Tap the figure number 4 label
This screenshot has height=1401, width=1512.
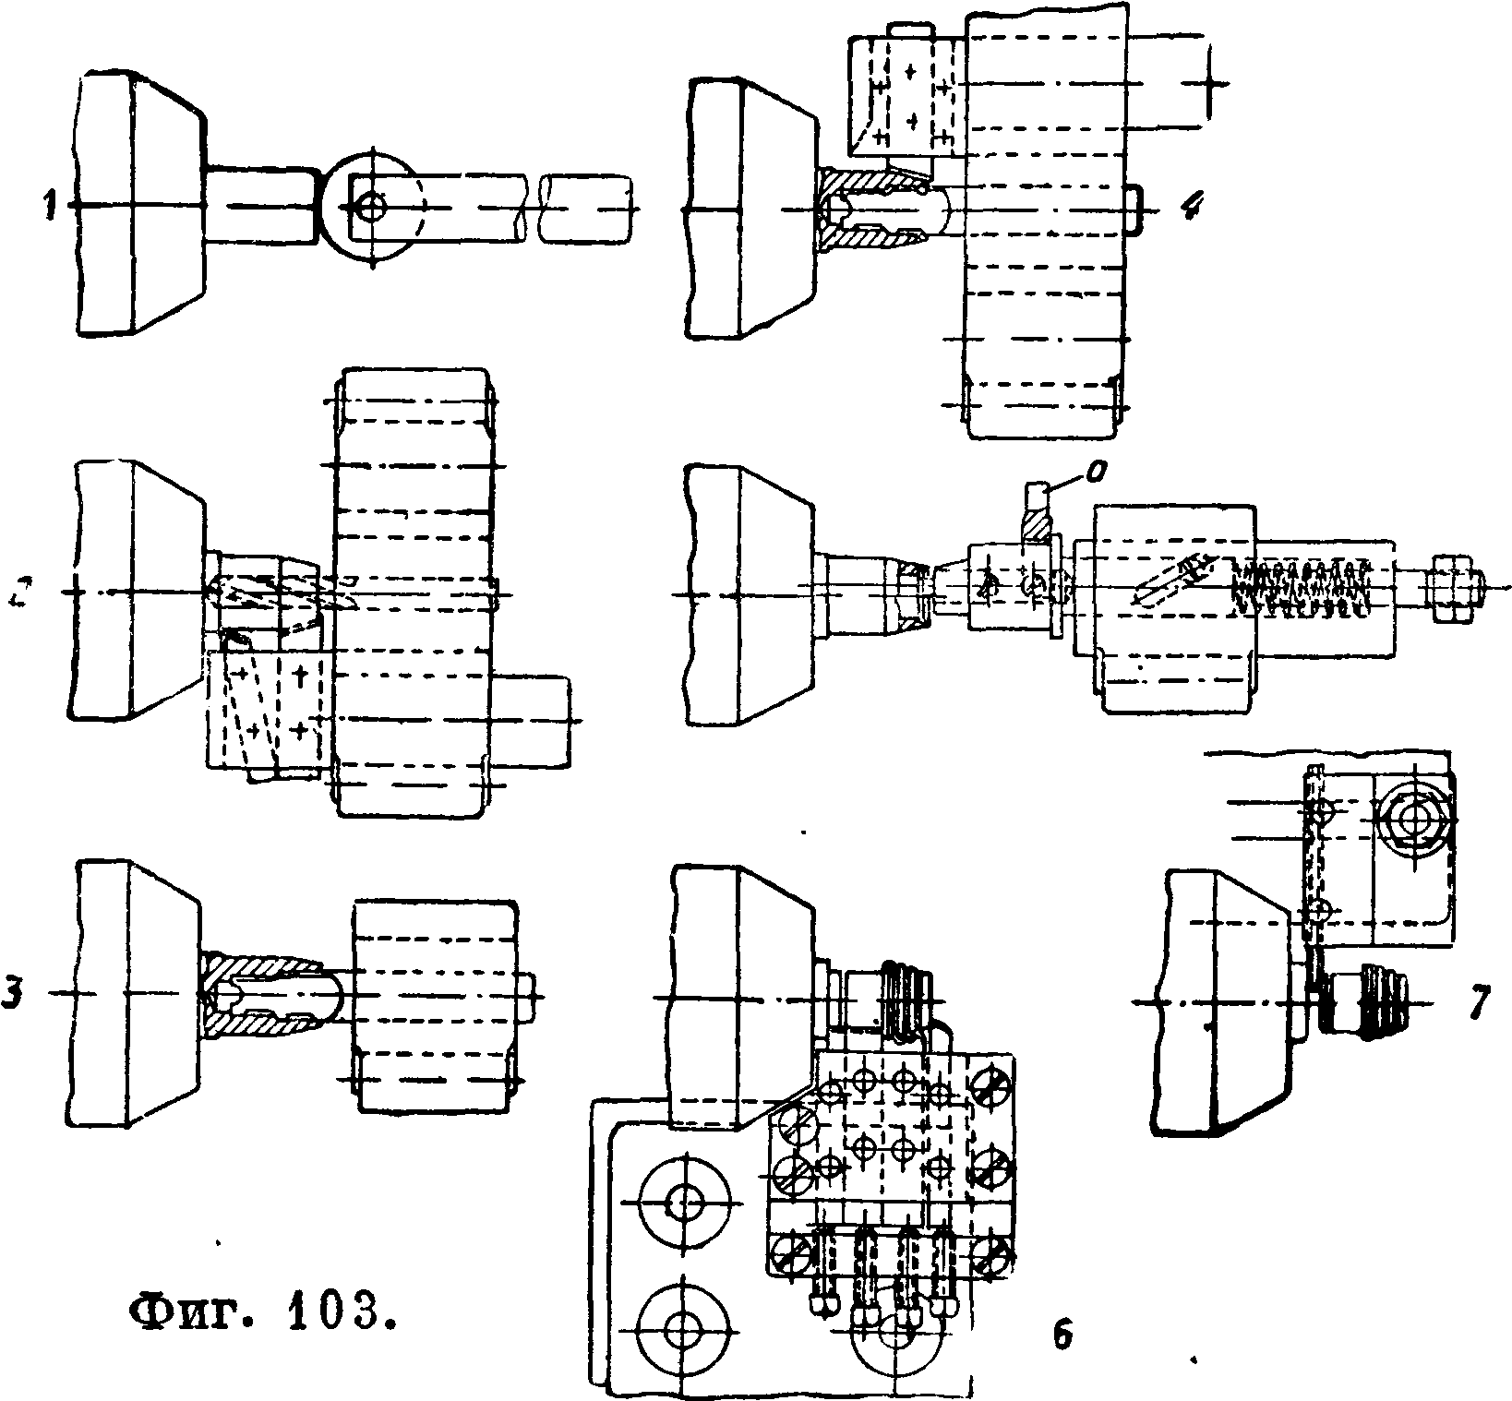click(1191, 209)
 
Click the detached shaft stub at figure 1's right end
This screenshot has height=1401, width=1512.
click(587, 209)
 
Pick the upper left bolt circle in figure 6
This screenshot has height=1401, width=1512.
click(684, 1203)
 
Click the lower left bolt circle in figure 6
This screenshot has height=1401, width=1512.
click(684, 1330)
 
